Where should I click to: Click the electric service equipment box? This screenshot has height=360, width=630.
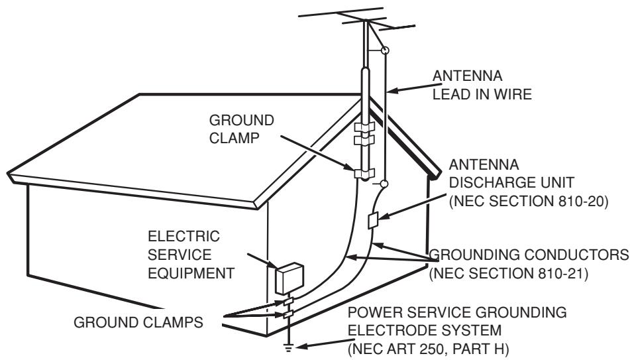click(x=289, y=278)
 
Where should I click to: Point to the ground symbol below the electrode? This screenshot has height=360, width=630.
click(x=288, y=348)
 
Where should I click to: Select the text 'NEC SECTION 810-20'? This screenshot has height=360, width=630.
click(x=529, y=201)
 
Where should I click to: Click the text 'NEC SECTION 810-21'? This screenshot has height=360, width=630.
click(x=509, y=274)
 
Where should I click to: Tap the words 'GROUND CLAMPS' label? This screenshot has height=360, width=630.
click(x=138, y=322)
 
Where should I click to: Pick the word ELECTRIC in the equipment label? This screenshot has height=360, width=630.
click(x=184, y=236)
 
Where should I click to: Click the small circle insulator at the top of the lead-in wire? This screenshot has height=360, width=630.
click(x=385, y=50)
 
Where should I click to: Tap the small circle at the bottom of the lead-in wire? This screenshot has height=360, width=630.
click(x=384, y=184)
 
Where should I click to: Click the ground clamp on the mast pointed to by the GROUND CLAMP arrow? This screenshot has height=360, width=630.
click(x=364, y=173)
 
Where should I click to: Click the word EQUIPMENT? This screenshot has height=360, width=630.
click(x=191, y=273)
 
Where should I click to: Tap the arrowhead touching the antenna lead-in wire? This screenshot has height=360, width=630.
click(x=394, y=91)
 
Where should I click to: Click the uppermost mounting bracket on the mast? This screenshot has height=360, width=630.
click(x=364, y=127)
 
